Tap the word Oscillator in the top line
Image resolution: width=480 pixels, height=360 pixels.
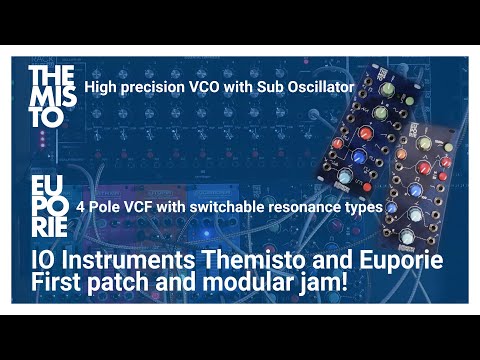click(317, 88)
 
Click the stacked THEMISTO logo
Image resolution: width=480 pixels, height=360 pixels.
click(50, 95)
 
